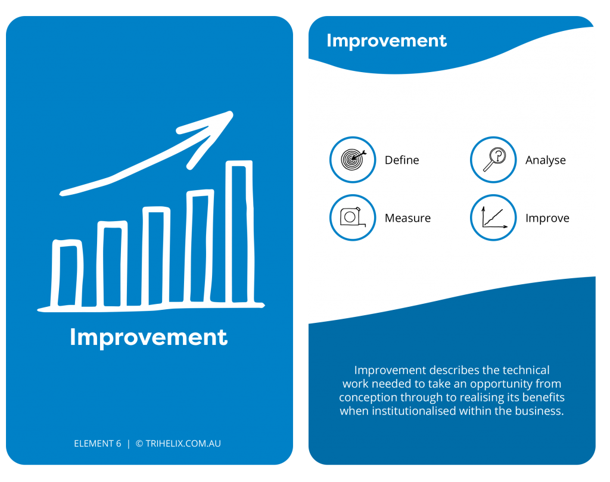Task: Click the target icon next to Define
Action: [x=353, y=160]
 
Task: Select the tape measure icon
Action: [x=353, y=217]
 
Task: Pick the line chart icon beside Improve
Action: [x=493, y=217]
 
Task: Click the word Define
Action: [x=402, y=160]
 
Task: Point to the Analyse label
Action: [x=546, y=160]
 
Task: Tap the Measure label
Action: [x=407, y=218]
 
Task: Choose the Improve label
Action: [x=547, y=218]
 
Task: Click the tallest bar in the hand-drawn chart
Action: [x=239, y=232]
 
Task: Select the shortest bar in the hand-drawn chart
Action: [x=67, y=273]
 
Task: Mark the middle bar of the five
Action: [x=155, y=256]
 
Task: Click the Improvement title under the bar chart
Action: [x=148, y=337]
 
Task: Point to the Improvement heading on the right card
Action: [x=387, y=41]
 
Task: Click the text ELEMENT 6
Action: [x=98, y=443]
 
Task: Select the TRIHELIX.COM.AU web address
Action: [x=183, y=443]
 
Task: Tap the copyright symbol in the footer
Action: [x=139, y=443]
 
